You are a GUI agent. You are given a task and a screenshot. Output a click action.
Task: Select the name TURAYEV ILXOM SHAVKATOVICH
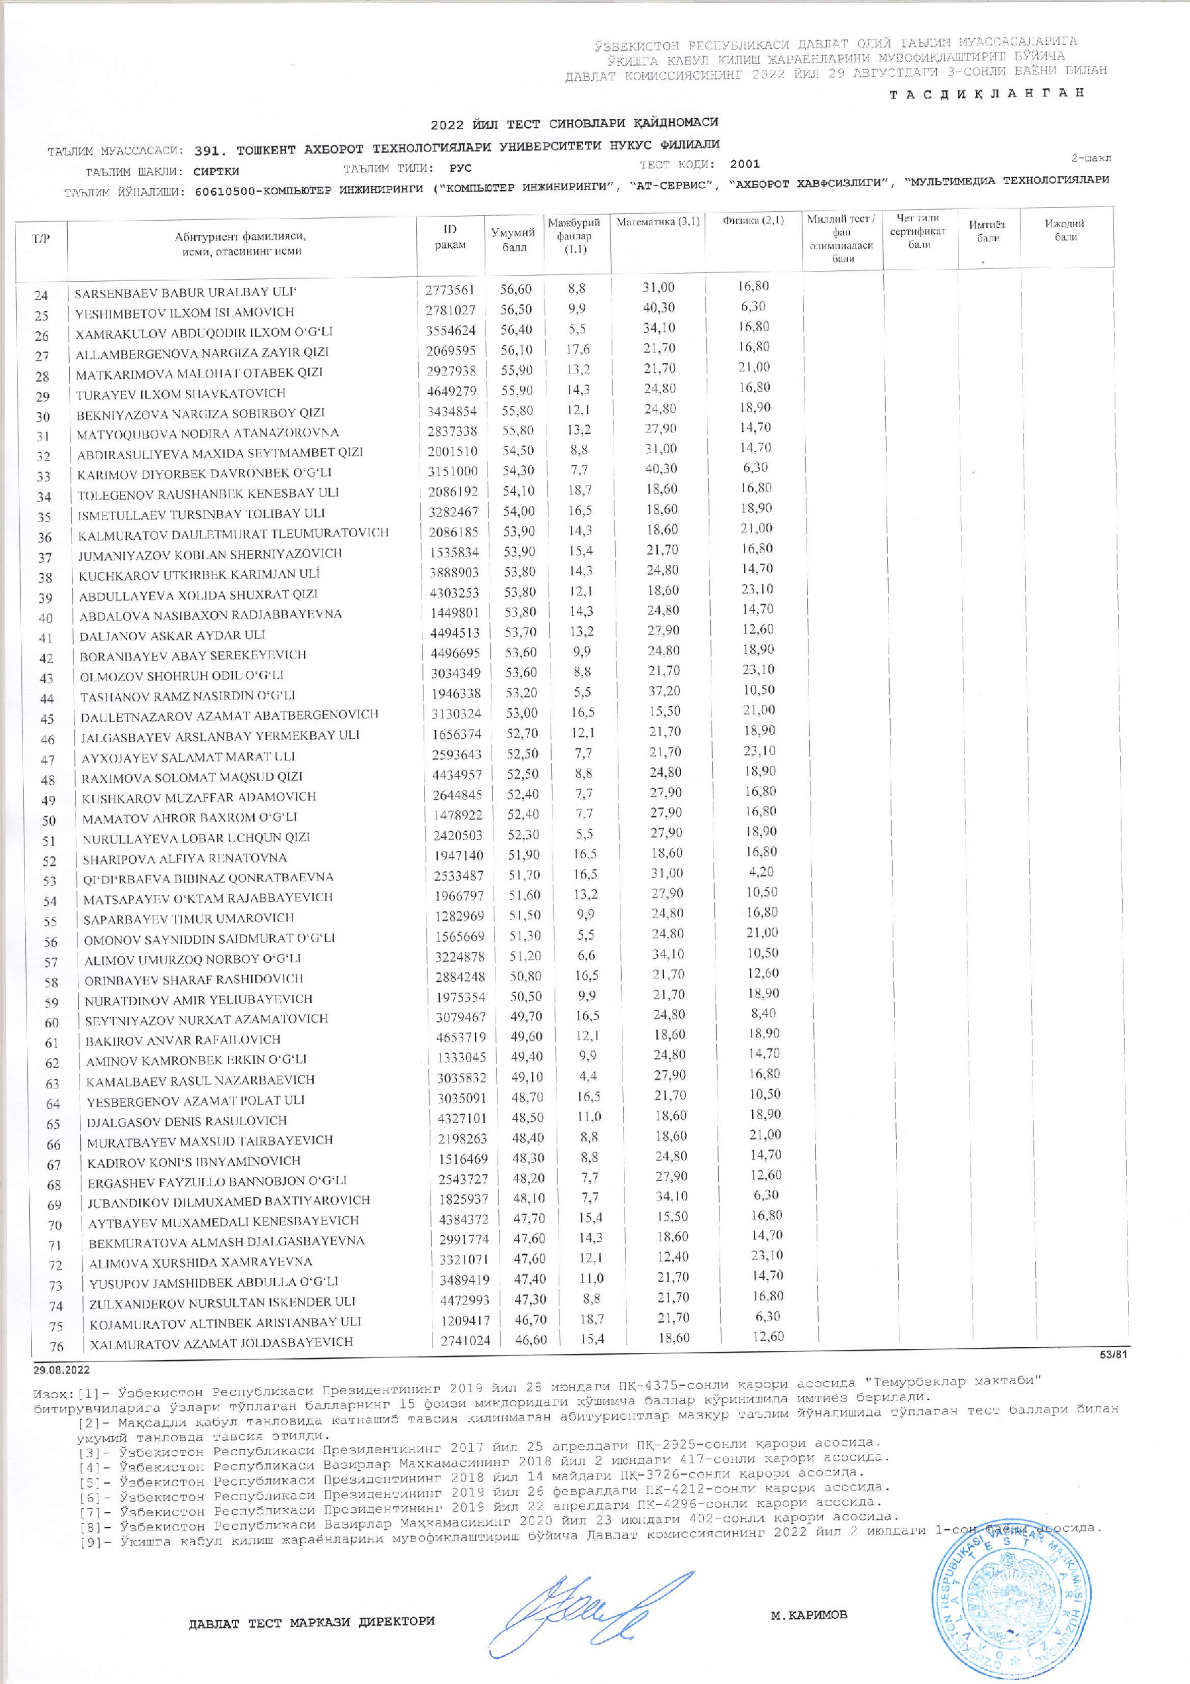coord(181,393)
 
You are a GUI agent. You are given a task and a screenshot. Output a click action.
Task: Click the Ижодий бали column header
coord(1065,230)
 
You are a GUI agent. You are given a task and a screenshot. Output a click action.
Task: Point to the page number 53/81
coord(1115,1355)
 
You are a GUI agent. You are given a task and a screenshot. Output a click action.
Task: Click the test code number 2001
coord(745,164)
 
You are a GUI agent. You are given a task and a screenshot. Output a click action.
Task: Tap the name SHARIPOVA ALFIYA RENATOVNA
coord(185,858)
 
